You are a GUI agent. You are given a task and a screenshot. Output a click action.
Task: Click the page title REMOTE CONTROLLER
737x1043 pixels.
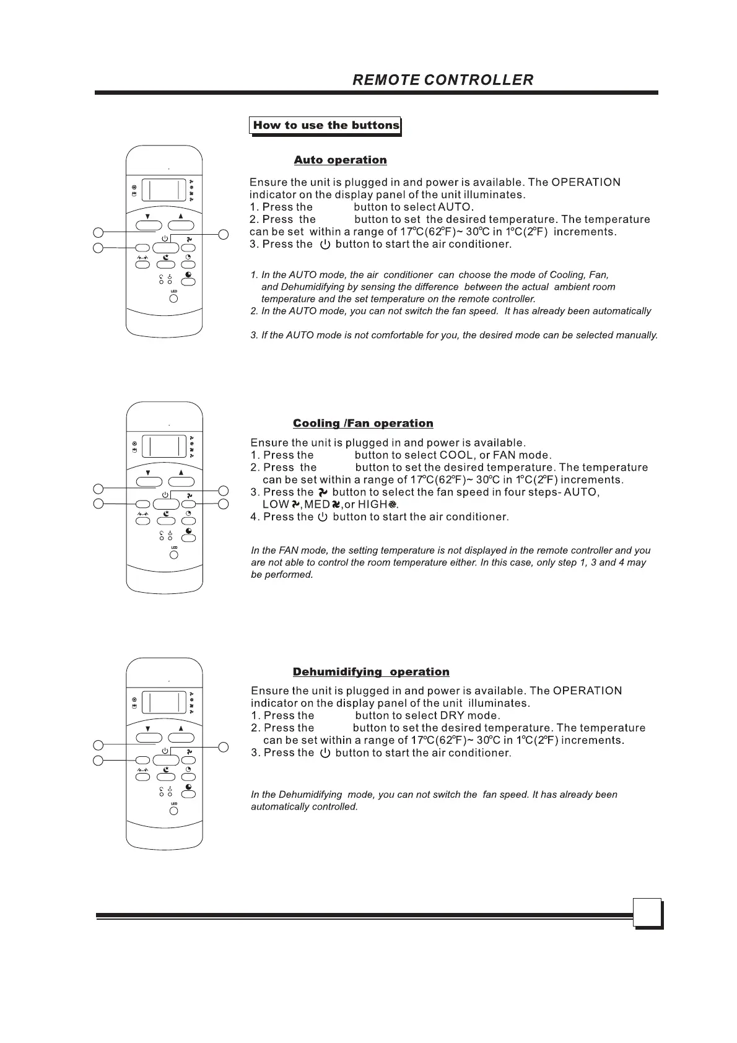click(442, 80)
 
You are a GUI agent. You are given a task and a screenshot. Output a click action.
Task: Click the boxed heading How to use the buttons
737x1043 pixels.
click(326, 125)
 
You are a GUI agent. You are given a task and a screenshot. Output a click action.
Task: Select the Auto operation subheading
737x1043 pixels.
click(340, 160)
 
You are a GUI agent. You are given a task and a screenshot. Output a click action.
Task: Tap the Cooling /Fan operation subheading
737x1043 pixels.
click(363, 423)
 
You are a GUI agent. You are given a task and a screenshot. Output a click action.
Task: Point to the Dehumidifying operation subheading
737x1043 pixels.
click(371, 672)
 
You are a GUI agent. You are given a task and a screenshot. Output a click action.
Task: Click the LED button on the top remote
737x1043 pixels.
click(173, 299)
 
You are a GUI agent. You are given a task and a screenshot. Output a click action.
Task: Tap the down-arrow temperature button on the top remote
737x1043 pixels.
click(149, 225)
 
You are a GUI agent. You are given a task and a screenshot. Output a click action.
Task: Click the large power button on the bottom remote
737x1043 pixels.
click(165, 759)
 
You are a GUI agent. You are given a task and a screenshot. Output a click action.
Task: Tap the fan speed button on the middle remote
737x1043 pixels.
click(189, 504)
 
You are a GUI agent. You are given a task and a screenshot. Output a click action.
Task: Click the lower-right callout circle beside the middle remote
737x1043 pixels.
click(224, 504)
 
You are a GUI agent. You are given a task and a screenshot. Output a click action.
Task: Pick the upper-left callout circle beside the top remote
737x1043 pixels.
click(98, 232)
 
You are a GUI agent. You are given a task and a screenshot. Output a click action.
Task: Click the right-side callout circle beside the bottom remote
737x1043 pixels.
click(224, 746)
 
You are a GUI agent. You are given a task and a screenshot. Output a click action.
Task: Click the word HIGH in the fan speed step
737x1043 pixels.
click(372, 504)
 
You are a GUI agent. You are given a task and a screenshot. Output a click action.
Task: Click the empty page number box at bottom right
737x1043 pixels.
click(647, 912)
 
